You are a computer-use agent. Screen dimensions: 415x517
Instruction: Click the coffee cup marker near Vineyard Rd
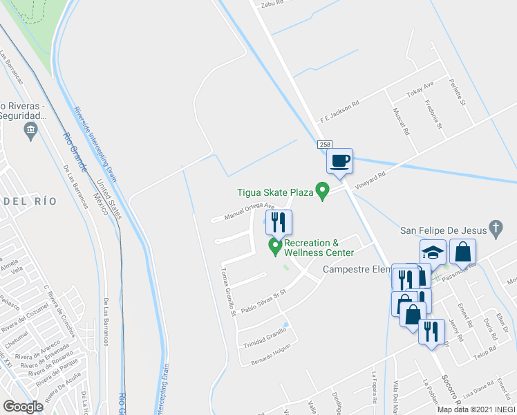tap(339, 162)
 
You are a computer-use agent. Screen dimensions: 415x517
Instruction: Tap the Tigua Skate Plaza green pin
tap(321, 190)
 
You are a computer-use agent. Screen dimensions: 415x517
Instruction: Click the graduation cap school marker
tap(433, 252)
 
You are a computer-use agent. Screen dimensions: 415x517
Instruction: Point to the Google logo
tap(23, 406)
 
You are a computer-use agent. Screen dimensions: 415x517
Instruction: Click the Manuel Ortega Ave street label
tap(250, 212)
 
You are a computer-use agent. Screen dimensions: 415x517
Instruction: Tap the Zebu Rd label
tap(272, 4)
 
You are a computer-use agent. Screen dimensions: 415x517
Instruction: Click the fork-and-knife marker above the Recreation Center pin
tap(279, 223)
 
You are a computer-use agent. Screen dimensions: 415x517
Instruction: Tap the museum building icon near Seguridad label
tap(30, 130)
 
